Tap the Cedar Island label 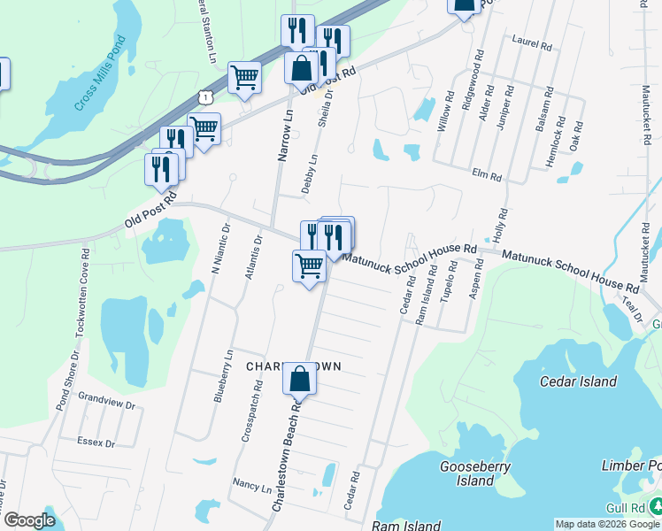[578, 381]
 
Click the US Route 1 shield [205, 96]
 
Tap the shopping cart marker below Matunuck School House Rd [309, 265]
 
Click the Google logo [29, 520]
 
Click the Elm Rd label [488, 175]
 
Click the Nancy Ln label [251, 486]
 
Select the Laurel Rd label [532, 40]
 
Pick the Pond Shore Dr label [62, 381]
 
